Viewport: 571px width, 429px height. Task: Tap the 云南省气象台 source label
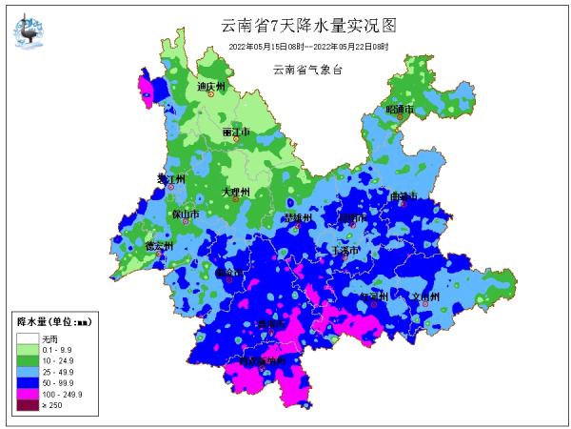point(307,69)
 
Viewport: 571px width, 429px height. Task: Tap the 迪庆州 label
point(211,87)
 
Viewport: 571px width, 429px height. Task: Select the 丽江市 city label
point(236,132)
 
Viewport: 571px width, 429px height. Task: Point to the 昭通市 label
point(401,110)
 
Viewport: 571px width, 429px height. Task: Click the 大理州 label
point(235,192)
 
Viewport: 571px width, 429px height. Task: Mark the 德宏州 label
point(158,245)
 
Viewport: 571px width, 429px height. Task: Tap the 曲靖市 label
point(404,196)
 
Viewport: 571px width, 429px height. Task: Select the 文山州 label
point(423,296)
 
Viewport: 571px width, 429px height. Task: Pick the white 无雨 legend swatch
point(25,338)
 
